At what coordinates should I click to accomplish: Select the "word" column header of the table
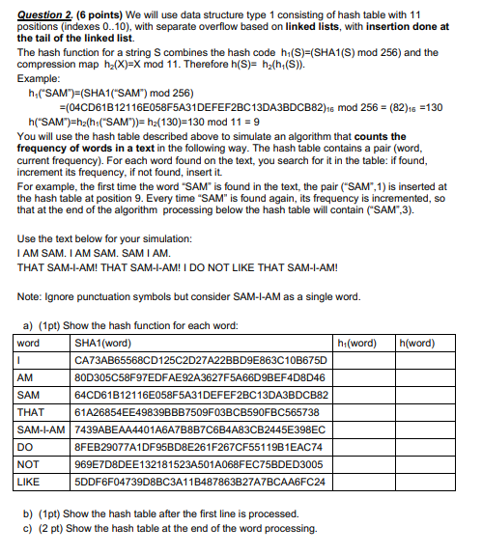29,343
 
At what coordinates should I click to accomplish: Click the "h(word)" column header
417,343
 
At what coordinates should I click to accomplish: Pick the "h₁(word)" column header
357,343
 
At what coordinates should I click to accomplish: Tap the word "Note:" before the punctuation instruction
29,295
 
